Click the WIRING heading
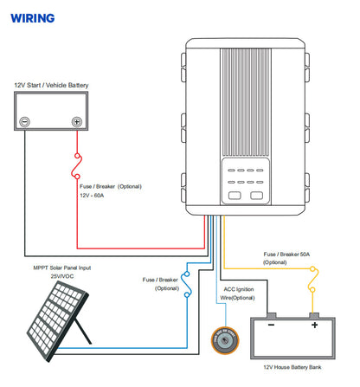click(33, 18)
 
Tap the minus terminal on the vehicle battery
click(24, 122)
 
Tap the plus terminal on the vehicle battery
click(77, 122)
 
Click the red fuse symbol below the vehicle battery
click(77, 166)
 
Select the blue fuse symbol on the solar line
click(187, 284)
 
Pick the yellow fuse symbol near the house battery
click(312, 280)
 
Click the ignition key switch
click(225, 341)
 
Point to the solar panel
click(58, 321)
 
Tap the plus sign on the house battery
click(314, 326)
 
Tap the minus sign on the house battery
click(271, 326)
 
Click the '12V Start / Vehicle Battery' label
click(51, 85)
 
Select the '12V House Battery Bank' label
click(292, 367)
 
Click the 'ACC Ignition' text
click(239, 289)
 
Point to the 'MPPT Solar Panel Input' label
click(62, 268)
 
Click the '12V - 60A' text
click(92, 196)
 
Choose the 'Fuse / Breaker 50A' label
click(286, 255)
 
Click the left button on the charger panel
click(235, 196)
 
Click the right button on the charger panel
click(257, 196)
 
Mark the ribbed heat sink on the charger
click(246, 102)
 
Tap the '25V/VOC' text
click(62, 276)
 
